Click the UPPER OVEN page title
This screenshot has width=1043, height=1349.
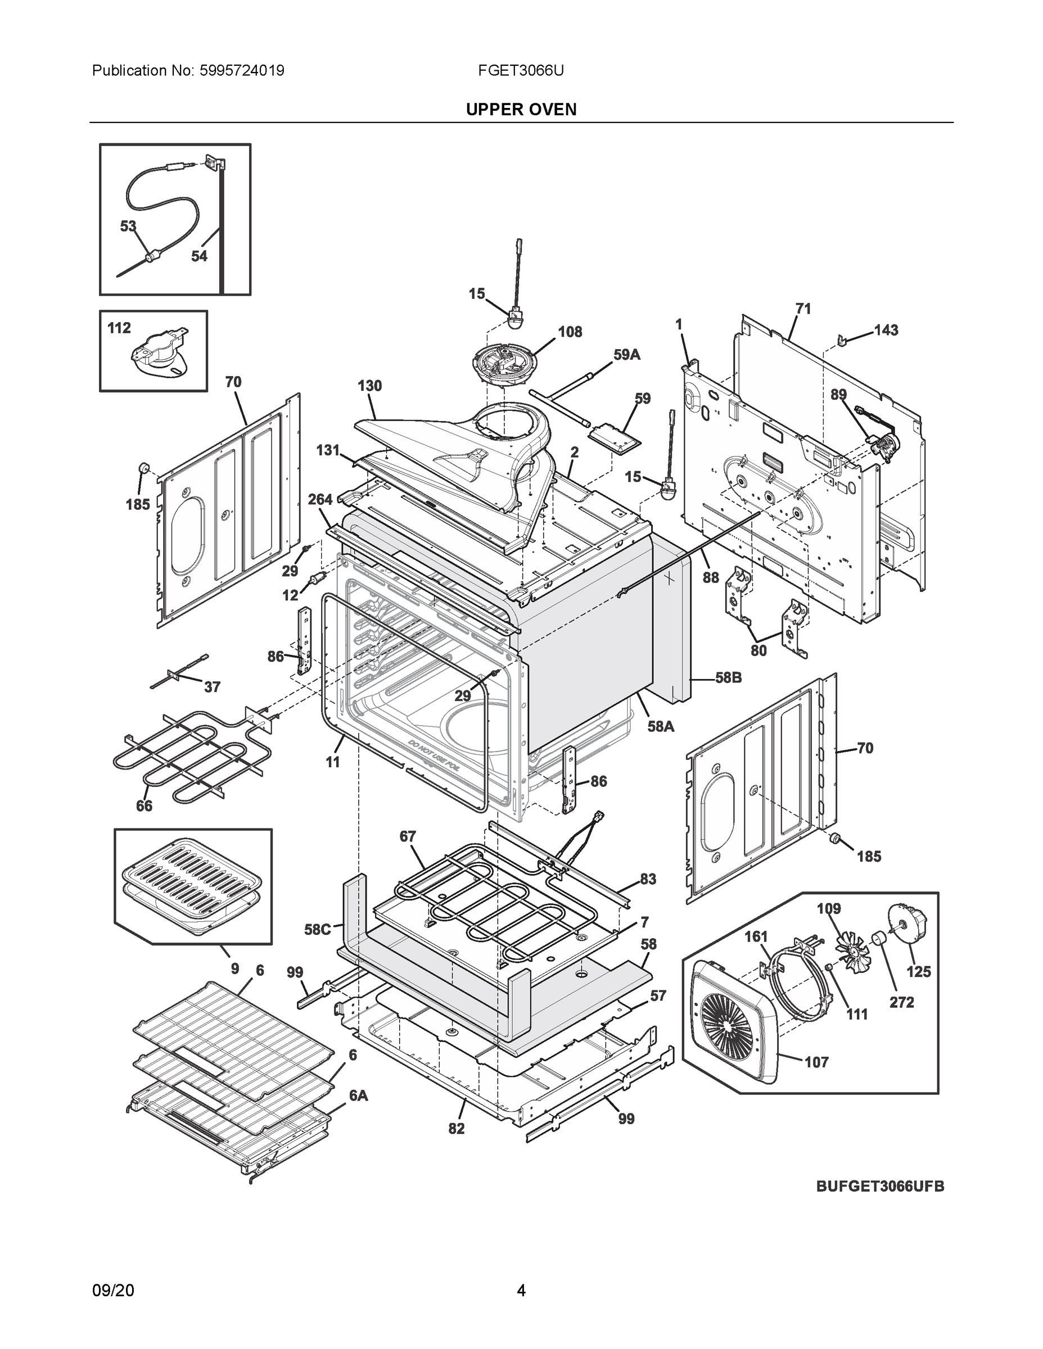click(521, 110)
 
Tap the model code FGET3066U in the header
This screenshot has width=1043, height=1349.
click(520, 70)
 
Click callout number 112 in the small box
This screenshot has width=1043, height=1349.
click(119, 328)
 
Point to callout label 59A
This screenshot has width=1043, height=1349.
click(626, 355)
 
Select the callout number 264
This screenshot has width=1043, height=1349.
click(320, 499)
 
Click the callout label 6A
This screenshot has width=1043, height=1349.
click(358, 1096)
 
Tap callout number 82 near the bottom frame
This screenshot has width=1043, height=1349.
click(456, 1129)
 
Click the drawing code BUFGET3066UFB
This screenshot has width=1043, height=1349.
click(880, 1186)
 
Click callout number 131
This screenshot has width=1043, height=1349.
click(328, 450)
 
